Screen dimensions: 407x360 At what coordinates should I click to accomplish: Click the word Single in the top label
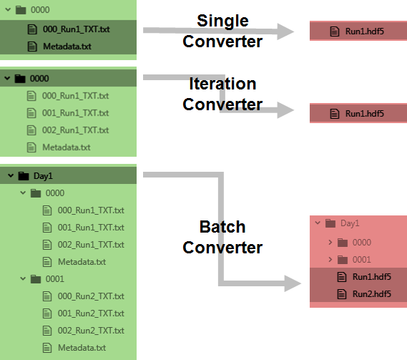click(222, 21)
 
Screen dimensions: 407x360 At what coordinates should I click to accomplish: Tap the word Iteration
click(222, 84)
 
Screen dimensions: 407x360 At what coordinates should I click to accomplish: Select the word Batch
click(222, 227)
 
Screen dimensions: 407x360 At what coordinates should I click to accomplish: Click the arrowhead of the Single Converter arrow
click(285, 31)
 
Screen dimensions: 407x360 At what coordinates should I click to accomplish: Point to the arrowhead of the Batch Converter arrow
click(293, 283)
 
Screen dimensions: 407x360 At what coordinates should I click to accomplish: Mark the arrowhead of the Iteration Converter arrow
click(285, 110)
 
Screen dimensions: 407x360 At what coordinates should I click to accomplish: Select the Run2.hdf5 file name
click(372, 294)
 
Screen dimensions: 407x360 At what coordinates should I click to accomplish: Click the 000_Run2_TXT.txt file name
click(91, 296)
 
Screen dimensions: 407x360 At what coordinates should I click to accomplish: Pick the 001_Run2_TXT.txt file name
click(91, 313)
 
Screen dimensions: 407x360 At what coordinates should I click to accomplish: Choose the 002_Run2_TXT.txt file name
click(91, 331)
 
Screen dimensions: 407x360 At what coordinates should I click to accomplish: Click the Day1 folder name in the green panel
click(43, 176)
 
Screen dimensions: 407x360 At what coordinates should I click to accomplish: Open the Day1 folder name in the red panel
click(350, 223)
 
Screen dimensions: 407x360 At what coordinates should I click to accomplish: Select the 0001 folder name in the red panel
click(361, 260)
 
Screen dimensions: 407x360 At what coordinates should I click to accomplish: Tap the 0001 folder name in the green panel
click(55, 279)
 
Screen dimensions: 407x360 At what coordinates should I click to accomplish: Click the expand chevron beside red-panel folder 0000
click(330, 243)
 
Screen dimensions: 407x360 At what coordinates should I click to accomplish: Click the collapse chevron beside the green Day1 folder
click(11, 175)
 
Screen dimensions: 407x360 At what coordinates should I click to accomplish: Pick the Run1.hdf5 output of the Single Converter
click(364, 31)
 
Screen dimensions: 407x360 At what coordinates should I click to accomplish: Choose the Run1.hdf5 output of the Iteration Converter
click(364, 114)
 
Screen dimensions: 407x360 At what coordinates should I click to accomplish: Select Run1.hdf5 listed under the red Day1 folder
click(372, 277)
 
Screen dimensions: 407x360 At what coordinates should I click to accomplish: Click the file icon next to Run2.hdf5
click(342, 294)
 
